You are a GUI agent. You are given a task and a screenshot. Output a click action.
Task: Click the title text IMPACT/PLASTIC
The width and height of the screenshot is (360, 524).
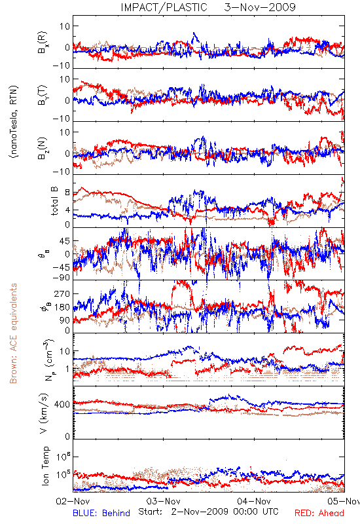pyautogui.click(x=164, y=7)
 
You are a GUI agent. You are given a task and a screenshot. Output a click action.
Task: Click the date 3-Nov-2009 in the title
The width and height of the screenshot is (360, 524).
pyautogui.click(x=260, y=7)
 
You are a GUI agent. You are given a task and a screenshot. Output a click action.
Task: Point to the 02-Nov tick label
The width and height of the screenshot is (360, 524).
pyautogui.click(x=73, y=501)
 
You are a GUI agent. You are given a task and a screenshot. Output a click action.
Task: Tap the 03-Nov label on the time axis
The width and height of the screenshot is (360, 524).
pyautogui.click(x=163, y=501)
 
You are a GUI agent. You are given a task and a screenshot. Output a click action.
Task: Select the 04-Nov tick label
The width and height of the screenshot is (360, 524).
pyautogui.click(x=254, y=501)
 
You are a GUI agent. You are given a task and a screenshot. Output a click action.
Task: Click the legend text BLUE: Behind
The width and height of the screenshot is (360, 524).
pyautogui.click(x=101, y=513)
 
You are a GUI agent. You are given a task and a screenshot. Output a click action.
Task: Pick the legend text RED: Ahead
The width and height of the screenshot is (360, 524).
pyautogui.click(x=319, y=513)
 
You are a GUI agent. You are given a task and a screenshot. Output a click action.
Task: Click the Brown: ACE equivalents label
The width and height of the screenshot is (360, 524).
pyautogui.click(x=13, y=333)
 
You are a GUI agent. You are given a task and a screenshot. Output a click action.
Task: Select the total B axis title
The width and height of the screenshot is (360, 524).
pyautogui.click(x=54, y=201)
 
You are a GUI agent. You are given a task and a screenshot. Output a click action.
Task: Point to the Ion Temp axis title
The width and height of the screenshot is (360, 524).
pyautogui.click(x=45, y=466)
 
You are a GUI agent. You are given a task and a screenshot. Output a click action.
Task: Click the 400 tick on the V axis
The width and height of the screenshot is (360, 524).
pyautogui.click(x=62, y=404)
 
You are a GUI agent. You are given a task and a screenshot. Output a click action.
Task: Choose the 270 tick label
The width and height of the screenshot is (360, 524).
pyautogui.click(x=62, y=293)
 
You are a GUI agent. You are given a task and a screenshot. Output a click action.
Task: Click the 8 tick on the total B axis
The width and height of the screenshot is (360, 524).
pyautogui.click(x=67, y=193)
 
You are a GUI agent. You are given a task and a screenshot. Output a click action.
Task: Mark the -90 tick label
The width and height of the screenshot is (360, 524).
pyautogui.click(x=62, y=278)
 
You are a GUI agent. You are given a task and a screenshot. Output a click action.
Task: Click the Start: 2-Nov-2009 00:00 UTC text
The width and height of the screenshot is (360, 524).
pyautogui.click(x=208, y=512)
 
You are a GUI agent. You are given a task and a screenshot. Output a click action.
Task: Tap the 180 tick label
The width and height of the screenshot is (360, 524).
pyautogui.click(x=62, y=307)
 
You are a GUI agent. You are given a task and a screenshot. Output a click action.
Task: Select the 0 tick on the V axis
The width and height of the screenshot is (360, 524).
pyautogui.click(x=67, y=436)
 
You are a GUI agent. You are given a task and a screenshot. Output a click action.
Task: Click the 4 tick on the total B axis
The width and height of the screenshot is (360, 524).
pyautogui.click(x=67, y=210)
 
